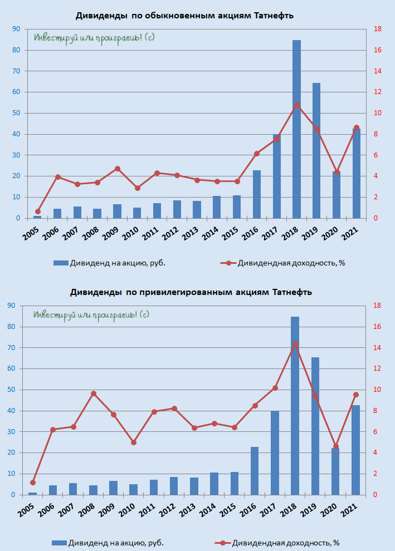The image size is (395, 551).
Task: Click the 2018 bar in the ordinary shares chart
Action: coord(296,129)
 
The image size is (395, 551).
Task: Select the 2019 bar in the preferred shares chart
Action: coord(315,426)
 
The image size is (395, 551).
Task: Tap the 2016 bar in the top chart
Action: coord(257,194)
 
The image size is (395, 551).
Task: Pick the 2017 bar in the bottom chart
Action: coord(275,452)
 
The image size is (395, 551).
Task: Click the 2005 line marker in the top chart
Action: coord(38,211)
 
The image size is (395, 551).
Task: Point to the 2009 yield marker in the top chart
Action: coord(118,169)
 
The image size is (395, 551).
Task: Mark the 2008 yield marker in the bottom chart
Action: coord(94,393)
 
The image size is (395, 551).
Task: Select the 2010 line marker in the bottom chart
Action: coord(134,442)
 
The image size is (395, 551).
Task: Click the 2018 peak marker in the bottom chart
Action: coord(295,344)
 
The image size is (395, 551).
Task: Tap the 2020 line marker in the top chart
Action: coord(337,172)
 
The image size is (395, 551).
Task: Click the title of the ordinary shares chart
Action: coord(184,16)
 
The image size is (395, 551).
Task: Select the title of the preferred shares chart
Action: coord(191,292)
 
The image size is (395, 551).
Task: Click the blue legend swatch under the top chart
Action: coord(61,263)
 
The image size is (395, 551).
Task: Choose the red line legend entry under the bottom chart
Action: coord(277,543)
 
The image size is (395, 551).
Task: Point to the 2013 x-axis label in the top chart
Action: coord(191,233)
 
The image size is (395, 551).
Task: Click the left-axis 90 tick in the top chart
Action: coord(17,29)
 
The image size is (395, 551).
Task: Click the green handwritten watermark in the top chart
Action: coord(94,38)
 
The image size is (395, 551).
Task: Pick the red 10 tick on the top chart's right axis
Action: coord(378,113)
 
